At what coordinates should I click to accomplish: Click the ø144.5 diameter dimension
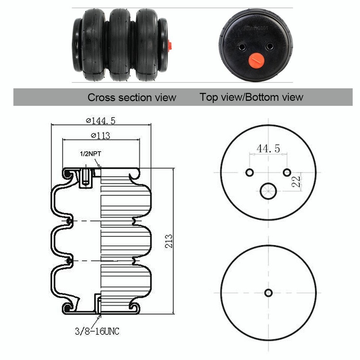[x=100, y=121]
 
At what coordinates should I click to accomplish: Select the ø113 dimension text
[x=100, y=136]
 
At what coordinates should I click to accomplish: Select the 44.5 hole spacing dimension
[x=268, y=148]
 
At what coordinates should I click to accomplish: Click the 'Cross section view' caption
[x=132, y=97]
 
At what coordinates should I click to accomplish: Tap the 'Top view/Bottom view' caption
[x=251, y=97]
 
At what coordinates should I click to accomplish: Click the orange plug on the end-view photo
[x=256, y=60]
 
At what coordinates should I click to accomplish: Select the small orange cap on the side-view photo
[x=169, y=46]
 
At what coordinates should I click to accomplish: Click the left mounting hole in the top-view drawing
[x=249, y=172]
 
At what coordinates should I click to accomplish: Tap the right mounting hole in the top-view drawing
[x=287, y=172]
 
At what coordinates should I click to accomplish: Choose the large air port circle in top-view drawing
[x=268, y=191]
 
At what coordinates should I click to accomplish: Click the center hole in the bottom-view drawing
[x=268, y=292]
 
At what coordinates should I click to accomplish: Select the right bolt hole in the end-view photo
[x=269, y=46]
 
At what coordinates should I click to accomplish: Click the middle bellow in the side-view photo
[x=120, y=44]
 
